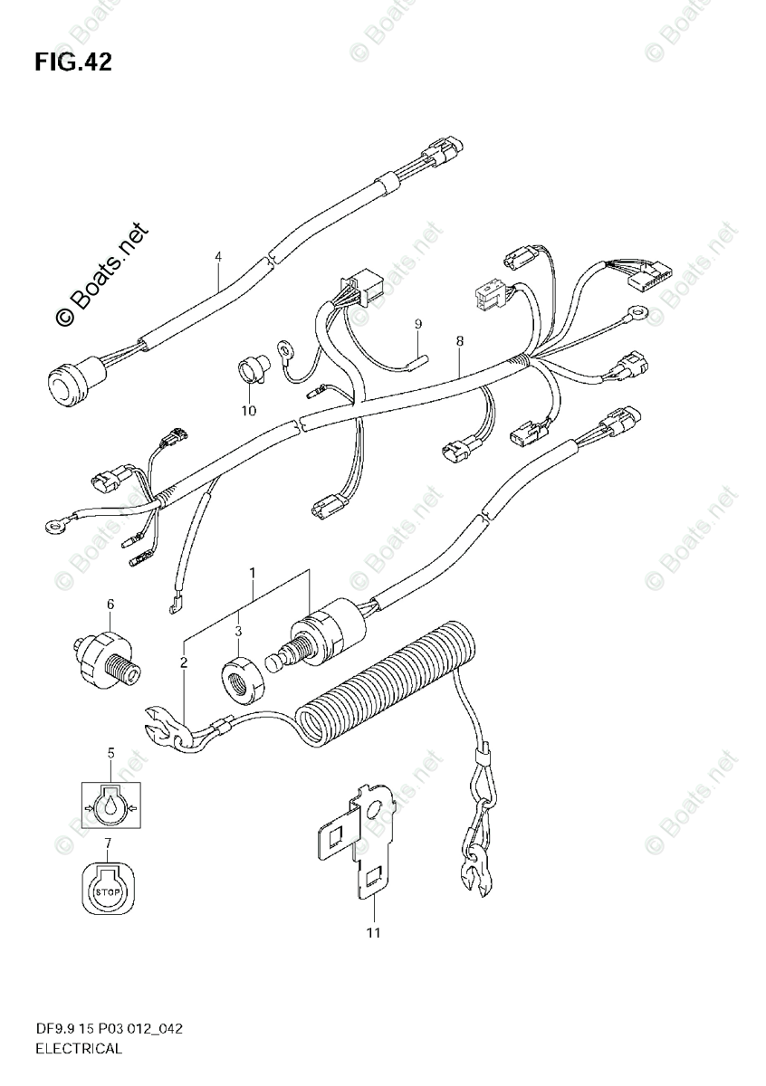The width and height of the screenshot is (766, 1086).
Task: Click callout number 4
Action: (x=218, y=257)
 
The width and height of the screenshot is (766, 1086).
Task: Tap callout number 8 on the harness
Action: (x=460, y=341)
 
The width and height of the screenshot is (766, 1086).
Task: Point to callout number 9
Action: (x=418, y=323)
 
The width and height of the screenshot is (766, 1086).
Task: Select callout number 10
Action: (x=248, y=410)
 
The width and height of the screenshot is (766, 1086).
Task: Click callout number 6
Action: (x=110, y=604)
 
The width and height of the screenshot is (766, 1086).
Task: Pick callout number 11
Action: (x=372, y=932)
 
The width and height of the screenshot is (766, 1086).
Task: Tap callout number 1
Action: (x=253, y=573)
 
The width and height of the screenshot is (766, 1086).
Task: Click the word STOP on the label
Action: (x=108, y=892)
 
